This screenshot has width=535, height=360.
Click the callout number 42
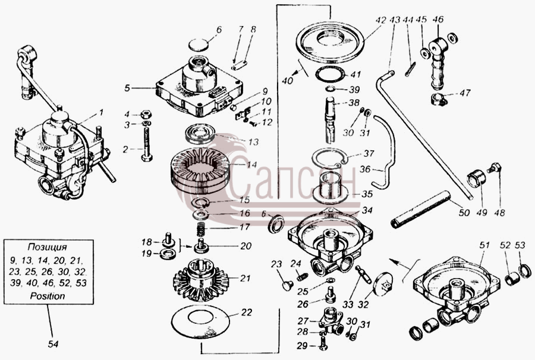pos(380,20)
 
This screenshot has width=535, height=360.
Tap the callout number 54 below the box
pos(53,345)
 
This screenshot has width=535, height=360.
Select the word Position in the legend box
pos(48,296)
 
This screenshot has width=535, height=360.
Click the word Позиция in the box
pos(48,247)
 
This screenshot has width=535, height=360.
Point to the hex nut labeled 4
pos(146,114)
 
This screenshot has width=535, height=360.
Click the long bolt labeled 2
pos(147,143)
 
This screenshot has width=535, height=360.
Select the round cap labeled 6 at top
pos(198,45)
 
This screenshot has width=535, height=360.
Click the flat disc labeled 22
pos(200,322)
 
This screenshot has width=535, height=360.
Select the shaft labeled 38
pos(331,119)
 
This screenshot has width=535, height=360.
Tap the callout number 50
pos(464,213)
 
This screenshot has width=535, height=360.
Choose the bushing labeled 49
pos(476,179)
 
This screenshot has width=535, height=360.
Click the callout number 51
pos(485,245)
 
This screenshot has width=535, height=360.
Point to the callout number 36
pos(365,169)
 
